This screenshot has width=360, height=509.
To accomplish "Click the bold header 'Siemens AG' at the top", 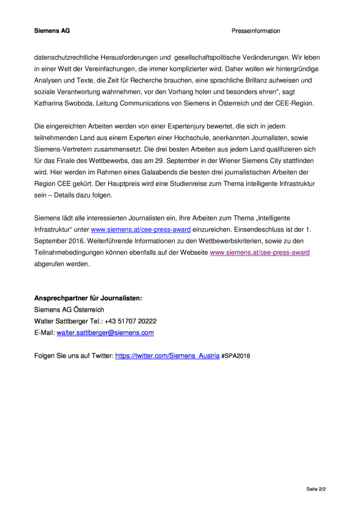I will tap(52, 31).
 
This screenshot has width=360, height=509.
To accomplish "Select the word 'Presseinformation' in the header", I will tap(256, 31).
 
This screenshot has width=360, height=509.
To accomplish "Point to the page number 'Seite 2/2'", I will tap(316, 489).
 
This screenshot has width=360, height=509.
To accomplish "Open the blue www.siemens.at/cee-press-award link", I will tap(141, 230).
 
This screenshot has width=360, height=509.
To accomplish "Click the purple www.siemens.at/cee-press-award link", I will tap(260, 253).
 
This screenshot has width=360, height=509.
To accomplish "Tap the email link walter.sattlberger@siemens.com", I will tap(105, 333).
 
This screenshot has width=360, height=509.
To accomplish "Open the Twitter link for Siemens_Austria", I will tap(167, 356).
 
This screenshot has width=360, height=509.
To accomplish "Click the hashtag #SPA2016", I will tap(236, 356).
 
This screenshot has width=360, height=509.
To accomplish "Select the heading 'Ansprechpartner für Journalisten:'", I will tap(88, 298).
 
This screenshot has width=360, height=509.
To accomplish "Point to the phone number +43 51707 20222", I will tap(130, 321).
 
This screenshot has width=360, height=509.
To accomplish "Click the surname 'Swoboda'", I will tap(79, 104).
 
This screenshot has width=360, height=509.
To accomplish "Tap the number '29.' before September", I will tap(160, 161).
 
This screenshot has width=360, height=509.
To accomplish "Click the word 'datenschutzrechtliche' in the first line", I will tap(66, 58).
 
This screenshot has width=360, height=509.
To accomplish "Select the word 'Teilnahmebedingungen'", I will tap(69, 253).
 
